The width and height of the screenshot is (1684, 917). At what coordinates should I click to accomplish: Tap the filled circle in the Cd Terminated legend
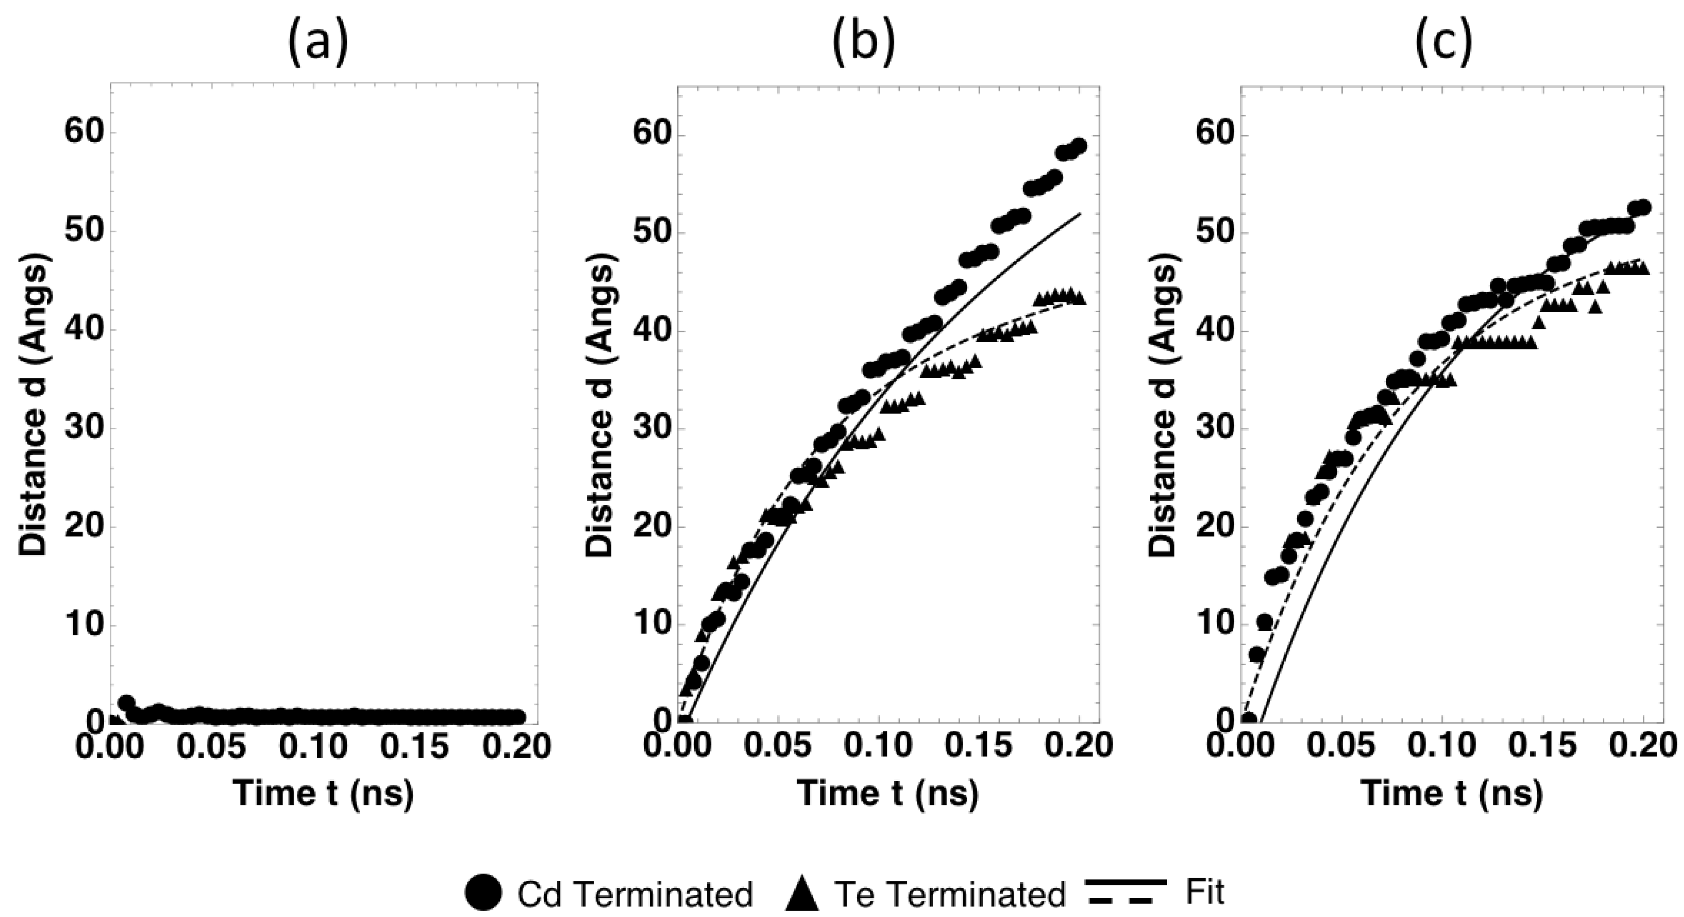[484, 893]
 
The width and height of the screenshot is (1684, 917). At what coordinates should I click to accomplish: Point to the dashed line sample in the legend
[1126, 903]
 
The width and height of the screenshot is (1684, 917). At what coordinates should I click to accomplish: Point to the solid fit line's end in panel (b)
[1079, 214]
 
